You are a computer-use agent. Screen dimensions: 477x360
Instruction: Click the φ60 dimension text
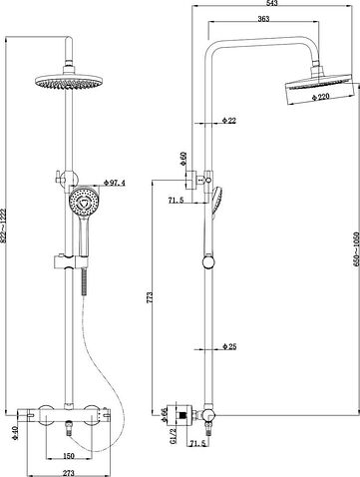[x=182, y=160]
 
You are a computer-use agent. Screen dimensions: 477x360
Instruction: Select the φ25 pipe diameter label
[x=231, y=348]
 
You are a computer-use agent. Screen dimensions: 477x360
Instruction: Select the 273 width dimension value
[x=66, y=469]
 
